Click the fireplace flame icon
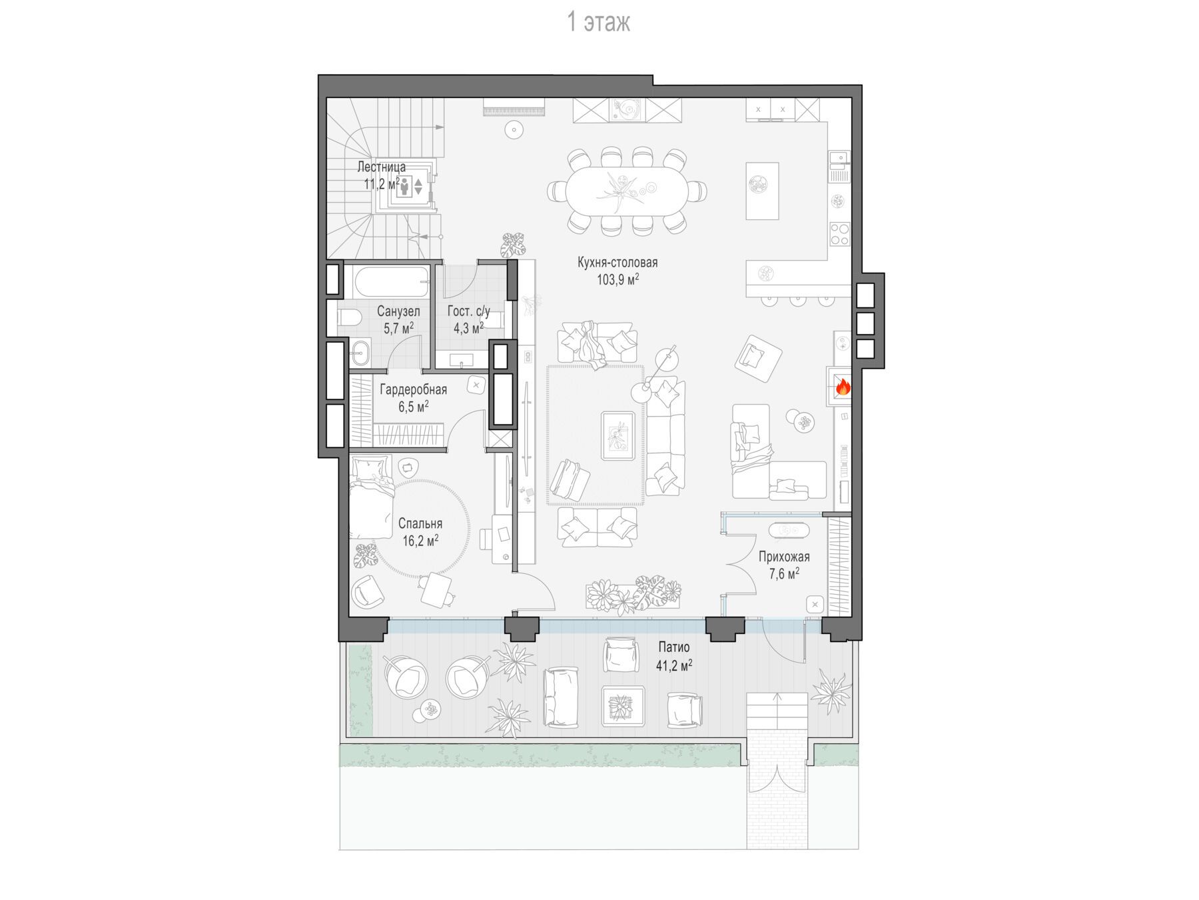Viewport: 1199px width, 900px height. pos(843,387)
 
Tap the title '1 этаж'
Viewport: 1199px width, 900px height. pos(598,23)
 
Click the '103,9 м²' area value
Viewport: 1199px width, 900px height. pos(617,280)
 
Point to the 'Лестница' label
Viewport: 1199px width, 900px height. pos(381,167)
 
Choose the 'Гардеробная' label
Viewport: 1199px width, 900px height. pos(413,389)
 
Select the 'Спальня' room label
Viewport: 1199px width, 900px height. pos(420,524)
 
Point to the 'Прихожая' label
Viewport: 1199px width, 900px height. pos(784,557)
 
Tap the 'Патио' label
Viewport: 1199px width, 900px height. pos(674,647)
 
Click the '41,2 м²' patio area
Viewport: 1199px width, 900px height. pos(674,665)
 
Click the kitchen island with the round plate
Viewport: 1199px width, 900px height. pos(762,190)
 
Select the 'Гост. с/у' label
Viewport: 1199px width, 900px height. pos(468,311)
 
